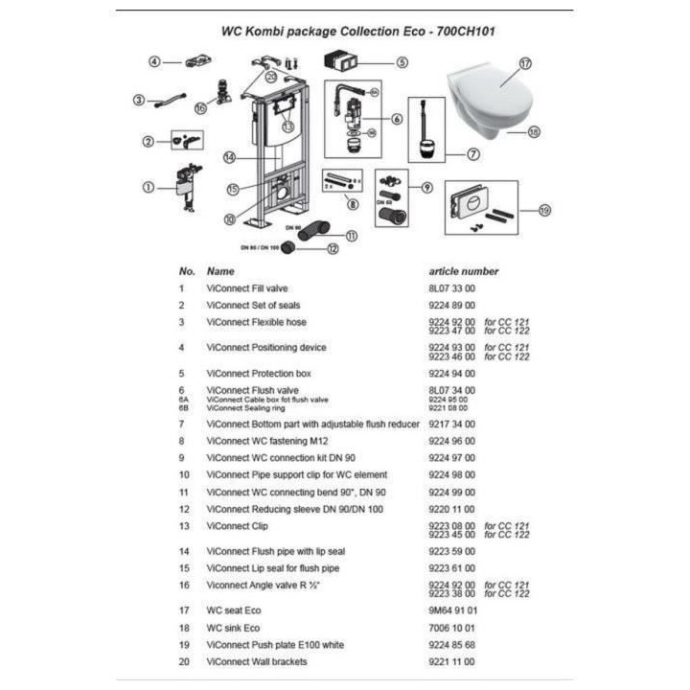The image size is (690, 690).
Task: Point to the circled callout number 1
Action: coord(149,186)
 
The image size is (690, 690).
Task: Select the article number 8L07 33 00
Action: coord(451,287)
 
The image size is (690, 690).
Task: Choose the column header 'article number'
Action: coord(463,271)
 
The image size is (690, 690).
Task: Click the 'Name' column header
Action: coord(220,271)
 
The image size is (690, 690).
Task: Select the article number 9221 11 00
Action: coord(451,661)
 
